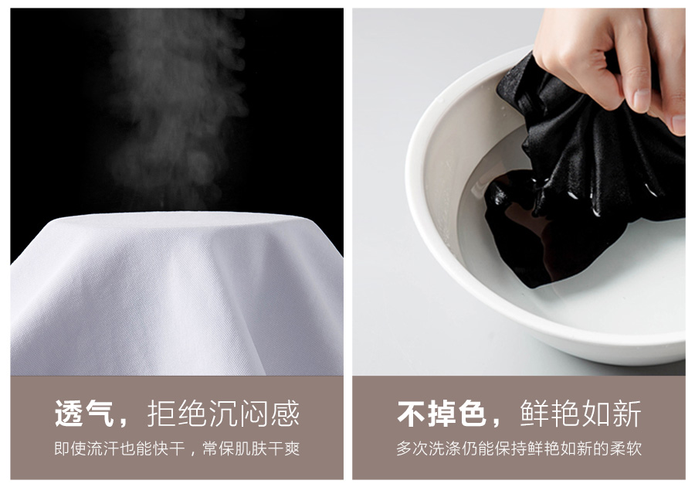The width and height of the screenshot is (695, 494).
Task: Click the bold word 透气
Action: tap(84, 414)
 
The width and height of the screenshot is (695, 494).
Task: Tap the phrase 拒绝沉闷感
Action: tap(223, 414)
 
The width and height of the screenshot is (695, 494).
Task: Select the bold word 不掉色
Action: tap(442, 414)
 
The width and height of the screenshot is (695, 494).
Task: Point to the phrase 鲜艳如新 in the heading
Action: tap(581, 414)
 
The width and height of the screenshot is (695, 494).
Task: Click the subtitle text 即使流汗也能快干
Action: tap(119, 448)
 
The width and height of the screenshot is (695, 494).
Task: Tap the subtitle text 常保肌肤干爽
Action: tap(251, 448)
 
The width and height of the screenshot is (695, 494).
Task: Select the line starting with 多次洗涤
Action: tap(519, 448)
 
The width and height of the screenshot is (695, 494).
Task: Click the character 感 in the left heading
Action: tap(285, 414)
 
